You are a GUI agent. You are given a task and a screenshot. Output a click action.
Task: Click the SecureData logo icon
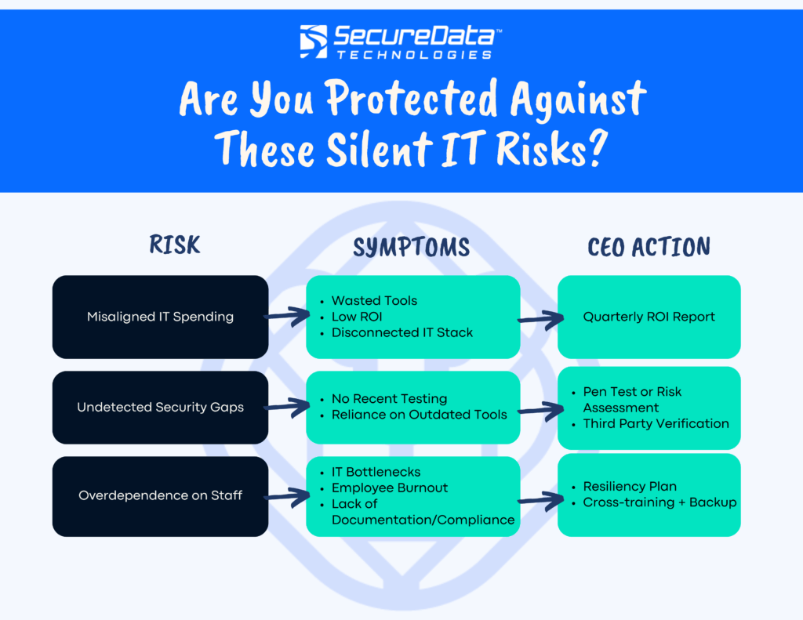click(314, 42)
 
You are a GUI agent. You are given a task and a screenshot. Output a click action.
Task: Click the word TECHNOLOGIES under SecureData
click(414, 55)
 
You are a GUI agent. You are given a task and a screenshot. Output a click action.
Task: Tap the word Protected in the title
click(413, 100)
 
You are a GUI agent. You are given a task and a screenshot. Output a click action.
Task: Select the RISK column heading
click(175, 245)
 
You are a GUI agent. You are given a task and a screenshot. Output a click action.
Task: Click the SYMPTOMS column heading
click(411, 248)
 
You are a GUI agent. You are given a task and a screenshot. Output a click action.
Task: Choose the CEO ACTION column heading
click(649, 248)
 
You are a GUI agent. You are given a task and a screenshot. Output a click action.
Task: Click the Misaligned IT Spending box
click(160, 317)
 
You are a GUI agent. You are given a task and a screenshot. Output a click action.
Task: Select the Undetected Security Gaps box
click(160, 407)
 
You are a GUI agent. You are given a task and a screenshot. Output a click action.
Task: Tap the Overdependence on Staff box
click(160, 495)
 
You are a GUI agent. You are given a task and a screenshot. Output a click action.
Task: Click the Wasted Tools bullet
click(374, 300)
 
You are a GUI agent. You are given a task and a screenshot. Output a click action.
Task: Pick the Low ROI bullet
click(357, 316)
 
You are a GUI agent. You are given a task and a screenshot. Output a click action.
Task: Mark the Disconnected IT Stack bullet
click(401, 332)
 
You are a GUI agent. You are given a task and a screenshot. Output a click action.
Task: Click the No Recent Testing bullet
click(389, 398)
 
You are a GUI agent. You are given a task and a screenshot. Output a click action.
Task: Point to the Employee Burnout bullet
click(389, 488)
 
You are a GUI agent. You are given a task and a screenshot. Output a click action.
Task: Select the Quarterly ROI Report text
click(649, 317)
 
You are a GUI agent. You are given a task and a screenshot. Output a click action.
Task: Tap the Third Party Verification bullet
click(656, 423)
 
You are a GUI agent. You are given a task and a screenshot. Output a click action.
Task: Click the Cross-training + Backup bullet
click(659, 502)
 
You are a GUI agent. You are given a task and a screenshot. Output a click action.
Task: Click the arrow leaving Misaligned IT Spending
click(287, 317)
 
